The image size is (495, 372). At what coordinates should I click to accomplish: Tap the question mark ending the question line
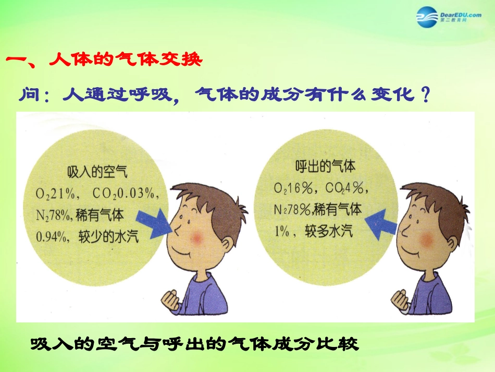(x=426, y=95)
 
